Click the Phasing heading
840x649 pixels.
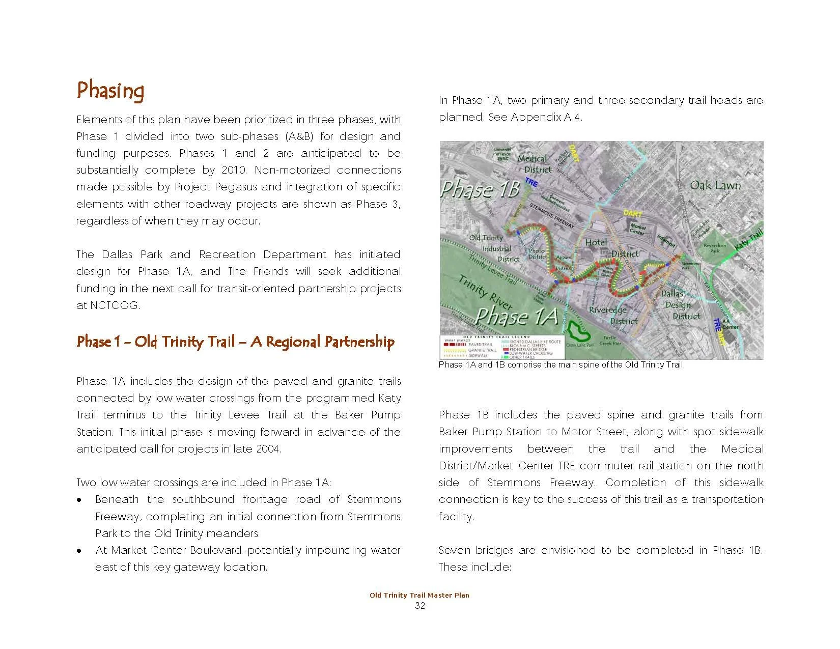point(110,91)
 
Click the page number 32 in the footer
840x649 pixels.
point(419,606)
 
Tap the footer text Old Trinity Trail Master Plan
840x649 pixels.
point(419,595)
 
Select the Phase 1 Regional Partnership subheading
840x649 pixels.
point(235,342)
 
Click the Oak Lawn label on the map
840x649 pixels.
point(715,186)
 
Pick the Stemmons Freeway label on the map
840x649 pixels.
point(552,216)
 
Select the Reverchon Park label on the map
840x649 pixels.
point(715,248)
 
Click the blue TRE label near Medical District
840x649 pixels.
point(531,182)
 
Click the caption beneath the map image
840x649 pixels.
point(561,364)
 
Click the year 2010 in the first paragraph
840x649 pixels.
point(234,170)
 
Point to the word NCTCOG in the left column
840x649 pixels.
point(107,305)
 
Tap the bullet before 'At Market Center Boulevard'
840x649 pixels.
point(79,551)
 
